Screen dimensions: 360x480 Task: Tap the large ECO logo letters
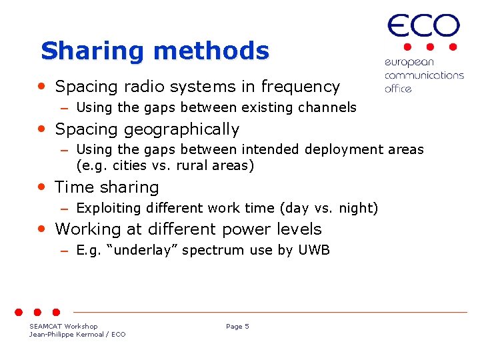click(423, 27)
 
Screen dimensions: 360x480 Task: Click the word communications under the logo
click(424, 75)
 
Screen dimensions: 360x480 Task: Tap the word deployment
click(325, 150)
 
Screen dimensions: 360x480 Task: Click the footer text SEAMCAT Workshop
click(63, 326)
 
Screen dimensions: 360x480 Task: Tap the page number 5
click(247, 326)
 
